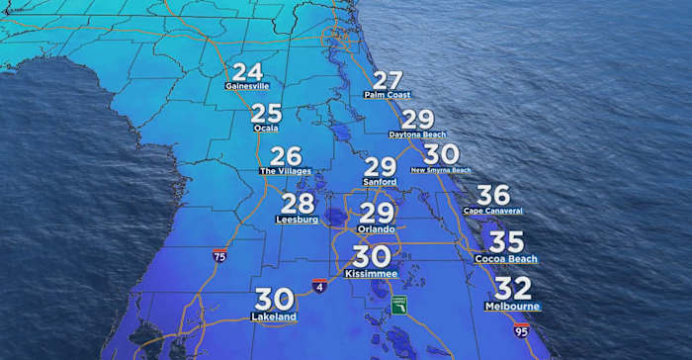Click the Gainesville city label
(x=247, y=86)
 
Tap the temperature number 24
(x=247, y=71)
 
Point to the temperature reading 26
(x=286, y=156)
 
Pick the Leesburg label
(x=299, y=220)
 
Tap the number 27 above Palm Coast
(x=388, y=80)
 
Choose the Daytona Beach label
(x=418, y=134)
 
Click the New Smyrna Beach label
(x=441, y=169)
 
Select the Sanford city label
(x=380, y=183)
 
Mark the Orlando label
(x=376, y=229)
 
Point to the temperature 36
(x=492, y=196)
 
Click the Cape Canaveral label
(x=492, y=211)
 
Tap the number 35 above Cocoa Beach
(x=506, y=242)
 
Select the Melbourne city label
(x=512, y=307)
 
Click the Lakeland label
(x=274, y=316)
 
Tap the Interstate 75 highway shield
(x=218, y=255)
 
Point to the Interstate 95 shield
(x=520, y=330)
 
